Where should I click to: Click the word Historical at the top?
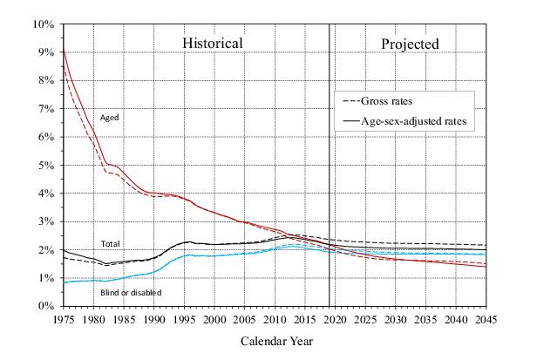click(212, 43)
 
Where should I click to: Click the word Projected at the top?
click(410, 43)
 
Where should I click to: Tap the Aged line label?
click(111, 118)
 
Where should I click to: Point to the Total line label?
click(111, 244)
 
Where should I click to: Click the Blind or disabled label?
click(130, 292)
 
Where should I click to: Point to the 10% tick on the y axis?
click(44, 24)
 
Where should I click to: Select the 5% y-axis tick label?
click(47, 165)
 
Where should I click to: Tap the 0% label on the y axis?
click(47, 306)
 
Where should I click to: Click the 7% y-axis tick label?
click(47, 108)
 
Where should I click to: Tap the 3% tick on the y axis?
click(47, 221)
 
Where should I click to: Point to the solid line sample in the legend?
click(349, 120)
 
